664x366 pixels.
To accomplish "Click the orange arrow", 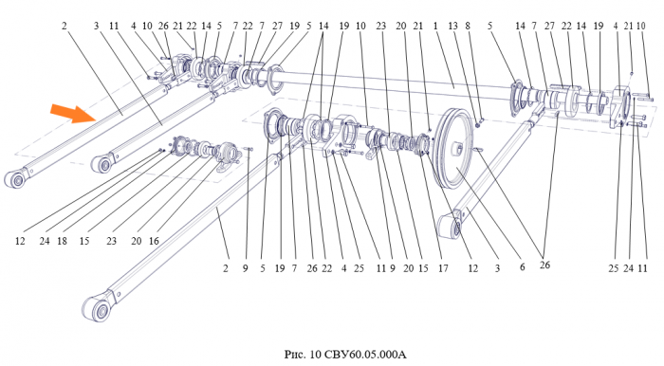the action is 72,113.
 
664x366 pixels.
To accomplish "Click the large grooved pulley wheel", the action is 453,149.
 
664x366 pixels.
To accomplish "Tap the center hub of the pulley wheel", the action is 457,149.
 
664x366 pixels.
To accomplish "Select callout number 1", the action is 435,27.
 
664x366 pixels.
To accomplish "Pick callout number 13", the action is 452,27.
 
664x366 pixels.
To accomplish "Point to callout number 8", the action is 468,27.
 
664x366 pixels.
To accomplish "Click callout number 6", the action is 522,267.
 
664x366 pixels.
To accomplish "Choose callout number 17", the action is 443,268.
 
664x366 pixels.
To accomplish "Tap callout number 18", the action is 63,241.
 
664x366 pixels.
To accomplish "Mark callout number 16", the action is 154,241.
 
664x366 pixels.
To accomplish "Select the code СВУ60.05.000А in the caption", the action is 364,354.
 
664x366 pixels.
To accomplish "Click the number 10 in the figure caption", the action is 316,354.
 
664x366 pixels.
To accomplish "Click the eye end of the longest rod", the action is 99,308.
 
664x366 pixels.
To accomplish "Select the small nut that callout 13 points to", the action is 478,125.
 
